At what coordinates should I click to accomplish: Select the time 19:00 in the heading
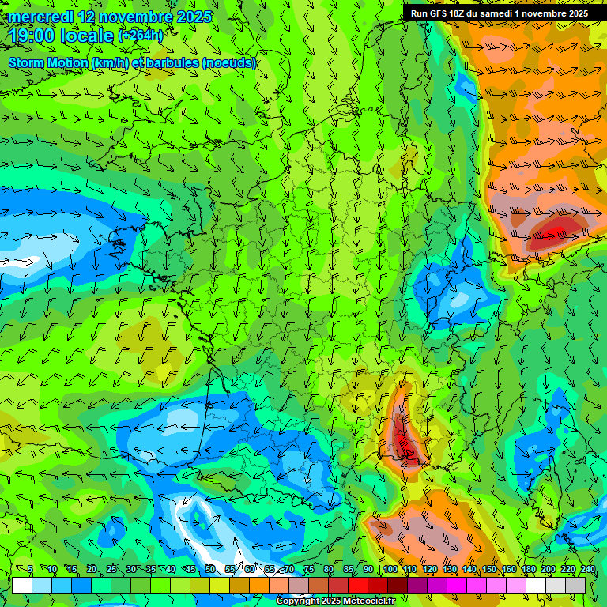(33, 36)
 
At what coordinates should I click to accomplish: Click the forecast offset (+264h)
(140, 36)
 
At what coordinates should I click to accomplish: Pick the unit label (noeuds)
(228, 62)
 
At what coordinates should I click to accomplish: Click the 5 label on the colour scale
(30, 570)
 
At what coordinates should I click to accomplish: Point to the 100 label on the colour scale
(390, 570)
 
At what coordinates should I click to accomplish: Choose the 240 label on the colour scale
(587, 570)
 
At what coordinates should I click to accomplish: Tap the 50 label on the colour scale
(210, 570)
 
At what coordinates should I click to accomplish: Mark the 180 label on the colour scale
(528, 570)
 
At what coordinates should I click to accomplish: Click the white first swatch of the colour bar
(22, 585)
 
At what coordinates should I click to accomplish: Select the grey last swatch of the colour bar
(575, 585)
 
